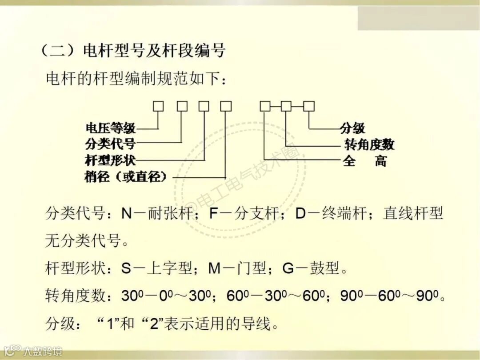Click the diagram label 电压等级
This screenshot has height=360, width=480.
pyautogui.click(x=110, y=129)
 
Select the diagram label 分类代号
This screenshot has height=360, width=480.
pyautogui.click(x=110, y=144)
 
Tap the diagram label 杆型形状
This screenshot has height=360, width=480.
pyautogui.click(x=110, y=160)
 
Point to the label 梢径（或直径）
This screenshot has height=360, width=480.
pyautogui.click(x=126, y=177)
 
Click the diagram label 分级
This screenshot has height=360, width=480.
pyautogui.click(x=352, y=128)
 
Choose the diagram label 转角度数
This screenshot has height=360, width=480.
pyautogui.click(x=369, y=144)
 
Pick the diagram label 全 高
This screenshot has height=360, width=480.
pyautogui.click(x=364, y=160)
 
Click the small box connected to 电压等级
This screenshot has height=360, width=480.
pyautogui.click(x=158, y=106)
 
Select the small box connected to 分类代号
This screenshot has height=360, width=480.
pyautogui.click(x=182, y=106)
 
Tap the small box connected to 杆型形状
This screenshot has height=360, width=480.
pyautogui.click(x=204, y=106)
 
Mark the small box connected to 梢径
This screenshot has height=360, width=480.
pyautogui.click(x=226, y=106)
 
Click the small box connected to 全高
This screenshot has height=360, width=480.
pyautogui.click(x=265, y=106)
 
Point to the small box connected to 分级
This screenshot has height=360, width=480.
pyautogui.click(x=309, y=106)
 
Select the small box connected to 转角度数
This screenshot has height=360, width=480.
pyautogui.click(x=286, y=106)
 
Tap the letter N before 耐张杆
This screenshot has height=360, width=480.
pyautogui.click(x=127, y=214)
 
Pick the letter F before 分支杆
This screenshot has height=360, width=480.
pyautogui.click(x=214, y=214)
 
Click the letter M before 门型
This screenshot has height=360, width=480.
pyautogui.click(x=215, y=268)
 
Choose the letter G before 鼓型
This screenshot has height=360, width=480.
pyautogui.click(x=289, y=268)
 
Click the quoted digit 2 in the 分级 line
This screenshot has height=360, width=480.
pyautogui.click(x=157, y=323)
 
